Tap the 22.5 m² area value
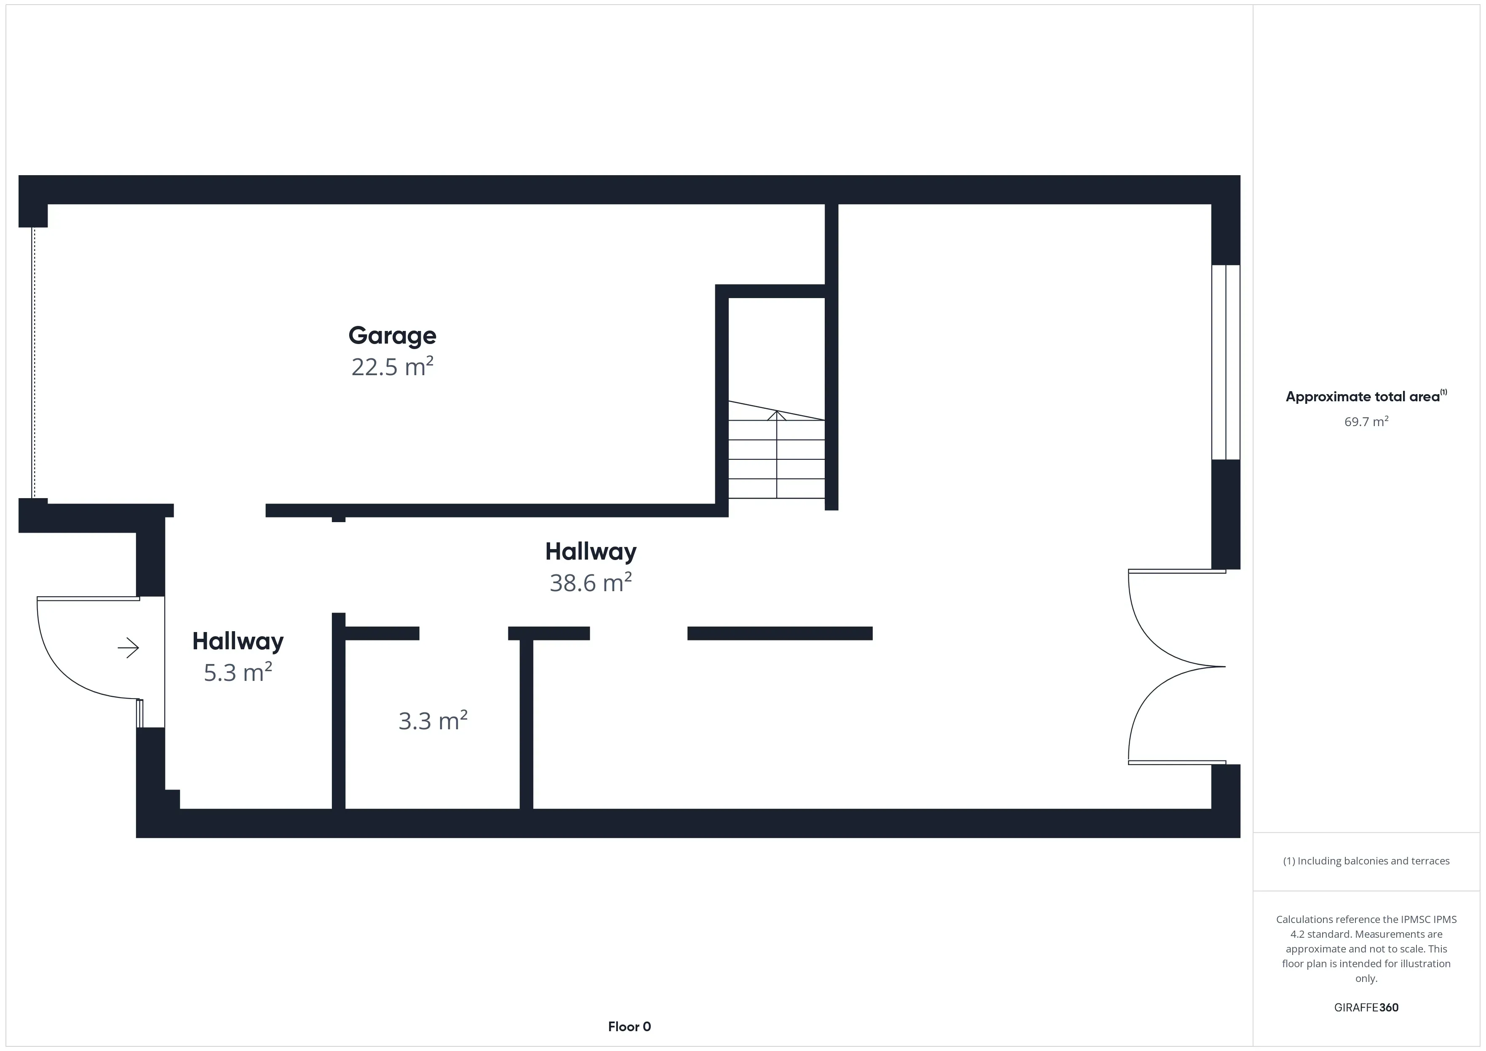click(x=392, y=367)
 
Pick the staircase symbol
click(x=777, y=450)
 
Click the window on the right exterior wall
click(x=1226, y=363)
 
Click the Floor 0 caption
click(x=629, y=1027)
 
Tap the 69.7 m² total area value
click(x=1366, y=422)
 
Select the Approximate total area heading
click(x=1363, y=397)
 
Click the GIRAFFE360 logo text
click(x=1366, y=1008)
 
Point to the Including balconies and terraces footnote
click(x=1366, y=861)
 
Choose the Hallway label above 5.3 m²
click(x=238, y=641)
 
